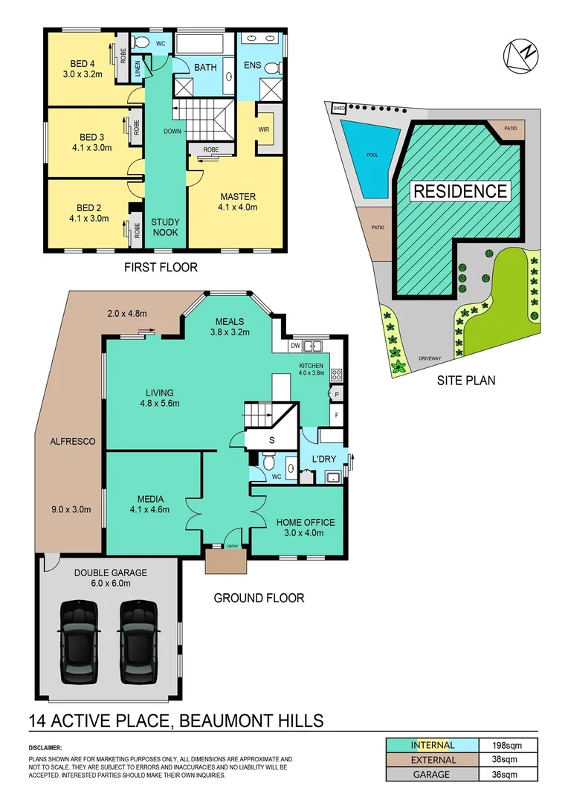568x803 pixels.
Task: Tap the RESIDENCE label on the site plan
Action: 460,190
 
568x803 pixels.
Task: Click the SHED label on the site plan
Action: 339,107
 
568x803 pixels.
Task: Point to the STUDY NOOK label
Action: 166,227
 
